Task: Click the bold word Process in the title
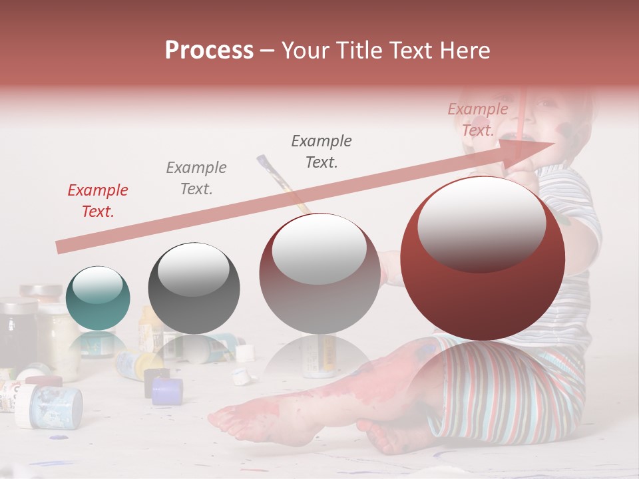pyautogui.click(x=209, y=51)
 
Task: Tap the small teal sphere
pyautogui.click(x=98, y=298)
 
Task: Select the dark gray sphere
pyautogui.click(x=194, y=288)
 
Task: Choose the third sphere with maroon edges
pyautogui.click(x=319, y=273)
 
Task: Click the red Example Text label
pyautogui.click(x=98, y=201)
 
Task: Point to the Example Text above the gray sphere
pyautogui.click(x=196, y=178)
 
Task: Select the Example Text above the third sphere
pyautogui.click(x=321, y=151)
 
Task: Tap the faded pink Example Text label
pyautogui.click(x=477, y=120)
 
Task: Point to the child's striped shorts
pyautogui.click(x=506, y=393)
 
